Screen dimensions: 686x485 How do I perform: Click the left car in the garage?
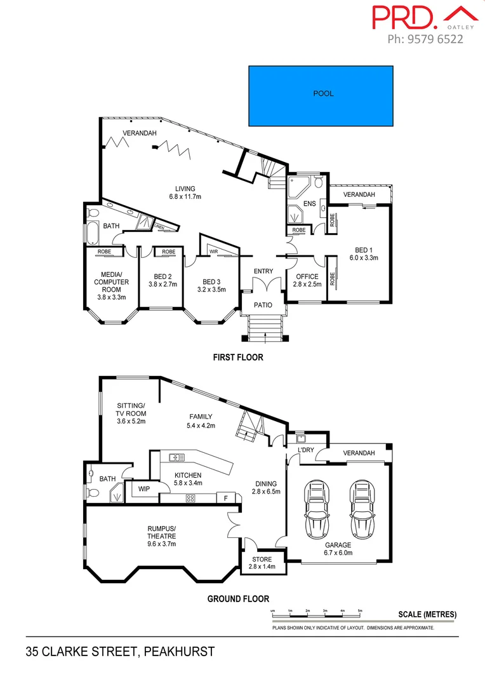click(x=316, y=508)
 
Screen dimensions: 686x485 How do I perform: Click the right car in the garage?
click(x=360, y=508)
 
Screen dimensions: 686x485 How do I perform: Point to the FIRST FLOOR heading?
click(x=237, y=358)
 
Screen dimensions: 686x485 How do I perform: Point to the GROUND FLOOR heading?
click(x=238, y=598)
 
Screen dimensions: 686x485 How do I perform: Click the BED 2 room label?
click(x=163, y=277)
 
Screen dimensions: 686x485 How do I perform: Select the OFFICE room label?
click(x=307, y=277)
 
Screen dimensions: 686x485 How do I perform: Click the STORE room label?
click(x=262, y=559)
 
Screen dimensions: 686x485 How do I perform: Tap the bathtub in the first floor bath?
click(x=93, y=232)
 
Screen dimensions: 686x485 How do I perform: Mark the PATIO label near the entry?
click(x=263, y=305)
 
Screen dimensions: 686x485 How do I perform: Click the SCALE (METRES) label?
click(x=427, y=614)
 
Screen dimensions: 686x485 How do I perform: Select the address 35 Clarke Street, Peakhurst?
click(x=120, y=652)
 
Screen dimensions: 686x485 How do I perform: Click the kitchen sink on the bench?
click(x=176, y=457)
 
